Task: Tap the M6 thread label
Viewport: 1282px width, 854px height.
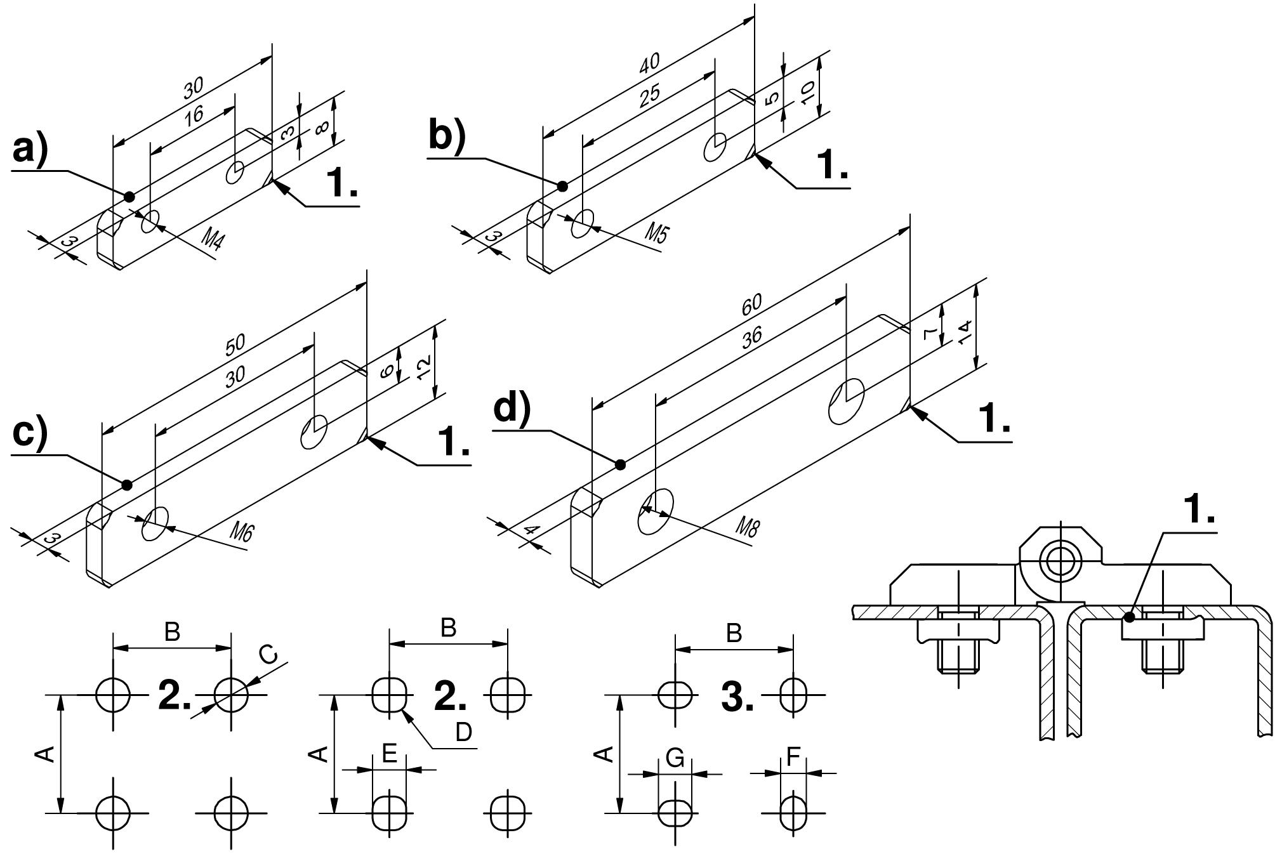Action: (241, 530)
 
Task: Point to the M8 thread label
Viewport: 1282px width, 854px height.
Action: (747, 527)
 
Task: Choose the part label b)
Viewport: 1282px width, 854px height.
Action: (447, 135)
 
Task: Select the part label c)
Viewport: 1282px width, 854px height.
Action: (30, 435)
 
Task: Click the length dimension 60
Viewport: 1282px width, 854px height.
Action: (753, 305)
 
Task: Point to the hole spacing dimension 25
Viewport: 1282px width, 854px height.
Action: (650, 93)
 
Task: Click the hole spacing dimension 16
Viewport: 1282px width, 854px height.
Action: (194, 115)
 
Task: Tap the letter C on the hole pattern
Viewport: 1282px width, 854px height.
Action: (269, 655)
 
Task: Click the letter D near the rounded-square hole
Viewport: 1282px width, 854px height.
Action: (464, 732)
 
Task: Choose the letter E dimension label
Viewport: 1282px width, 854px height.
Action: (390, 753)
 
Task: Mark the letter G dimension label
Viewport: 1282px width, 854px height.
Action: (675, 758)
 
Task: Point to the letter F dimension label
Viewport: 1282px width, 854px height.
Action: (793, 757)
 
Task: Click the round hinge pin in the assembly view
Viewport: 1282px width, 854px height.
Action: (1058, 560)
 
